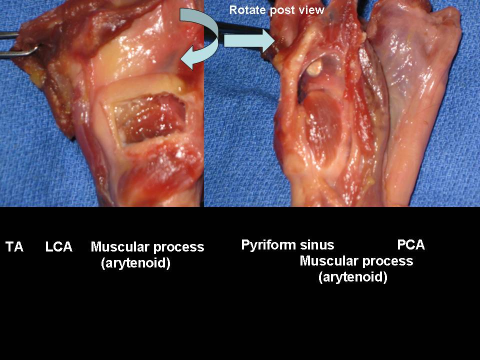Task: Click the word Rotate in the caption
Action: click(247, 10)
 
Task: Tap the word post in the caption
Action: click(280, 10)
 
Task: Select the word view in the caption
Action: click(310, 10)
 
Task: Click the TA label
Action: click(14, 246)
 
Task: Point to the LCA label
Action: click(59, 246)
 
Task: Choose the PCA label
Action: click(411, 244)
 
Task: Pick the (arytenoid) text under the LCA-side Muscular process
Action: click(135, 263)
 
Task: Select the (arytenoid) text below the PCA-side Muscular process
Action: click(353, 277)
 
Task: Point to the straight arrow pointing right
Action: click(249, 40)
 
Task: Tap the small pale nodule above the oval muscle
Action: click(315, 67)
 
